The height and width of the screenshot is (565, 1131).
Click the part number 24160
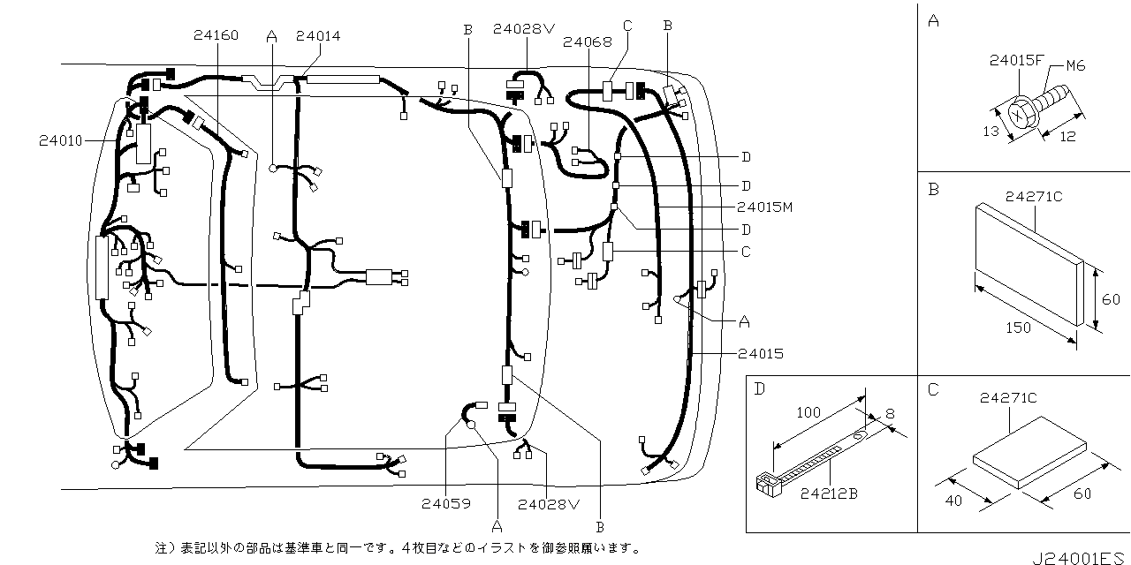pos(216,36)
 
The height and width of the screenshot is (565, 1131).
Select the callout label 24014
pos(318,36)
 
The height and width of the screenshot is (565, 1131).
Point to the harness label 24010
pos(60,140)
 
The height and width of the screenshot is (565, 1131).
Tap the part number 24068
pos(587,41)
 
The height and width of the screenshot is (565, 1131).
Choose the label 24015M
pos(763,207)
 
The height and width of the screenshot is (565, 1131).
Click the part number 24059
pos(445,504)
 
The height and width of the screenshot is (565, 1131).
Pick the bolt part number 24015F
pos(1017,61)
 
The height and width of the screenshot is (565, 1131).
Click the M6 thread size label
pos(1074,65)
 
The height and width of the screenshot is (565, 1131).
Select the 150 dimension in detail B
pos(1020,328)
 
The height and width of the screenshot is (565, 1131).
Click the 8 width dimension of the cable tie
pos(889,411)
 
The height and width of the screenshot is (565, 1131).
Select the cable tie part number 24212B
pos(828,493)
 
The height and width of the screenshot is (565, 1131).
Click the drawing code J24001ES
pos(1081,558)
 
